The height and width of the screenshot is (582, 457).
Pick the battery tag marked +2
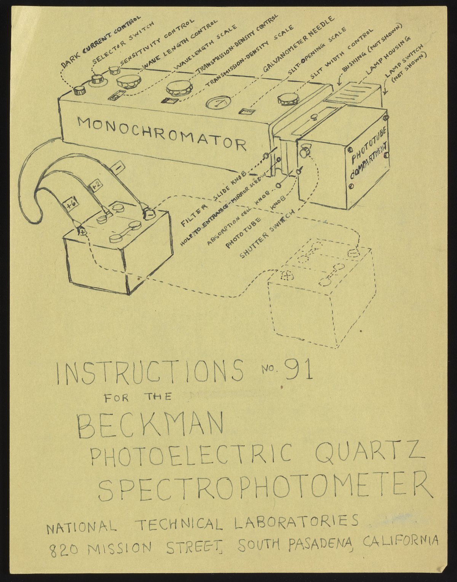[96, 185]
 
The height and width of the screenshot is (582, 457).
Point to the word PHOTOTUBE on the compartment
[369, 146]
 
